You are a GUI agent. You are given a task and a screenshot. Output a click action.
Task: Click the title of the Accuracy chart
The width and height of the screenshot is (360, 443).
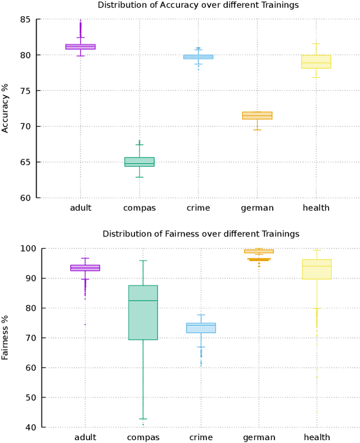198,5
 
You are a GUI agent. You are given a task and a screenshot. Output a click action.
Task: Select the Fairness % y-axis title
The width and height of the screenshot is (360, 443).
6,337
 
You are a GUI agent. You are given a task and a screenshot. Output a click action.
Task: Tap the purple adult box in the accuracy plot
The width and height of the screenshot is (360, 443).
80,47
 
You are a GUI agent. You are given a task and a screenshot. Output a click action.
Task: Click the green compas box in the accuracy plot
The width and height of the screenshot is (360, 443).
139,162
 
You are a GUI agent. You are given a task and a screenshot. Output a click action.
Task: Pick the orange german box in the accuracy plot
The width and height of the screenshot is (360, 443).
257,115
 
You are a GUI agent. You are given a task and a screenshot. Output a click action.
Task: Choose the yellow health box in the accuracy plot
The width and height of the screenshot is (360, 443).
316,61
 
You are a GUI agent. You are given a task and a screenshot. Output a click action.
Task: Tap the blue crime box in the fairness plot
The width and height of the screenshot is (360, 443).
201,328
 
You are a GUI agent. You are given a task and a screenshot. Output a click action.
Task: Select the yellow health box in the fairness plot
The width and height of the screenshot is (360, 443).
317,269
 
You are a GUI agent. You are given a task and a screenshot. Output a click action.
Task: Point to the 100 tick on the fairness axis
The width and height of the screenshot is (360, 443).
24,248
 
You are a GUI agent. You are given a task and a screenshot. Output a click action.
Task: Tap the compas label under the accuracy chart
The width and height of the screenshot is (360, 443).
139,208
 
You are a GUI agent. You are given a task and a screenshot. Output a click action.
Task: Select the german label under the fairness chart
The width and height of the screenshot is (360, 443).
259,437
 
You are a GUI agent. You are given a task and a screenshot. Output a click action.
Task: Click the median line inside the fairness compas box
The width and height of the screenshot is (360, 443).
143,301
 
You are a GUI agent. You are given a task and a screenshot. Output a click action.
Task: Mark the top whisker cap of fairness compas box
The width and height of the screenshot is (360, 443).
143,261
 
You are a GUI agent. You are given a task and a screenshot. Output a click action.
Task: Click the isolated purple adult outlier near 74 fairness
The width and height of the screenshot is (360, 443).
85,325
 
